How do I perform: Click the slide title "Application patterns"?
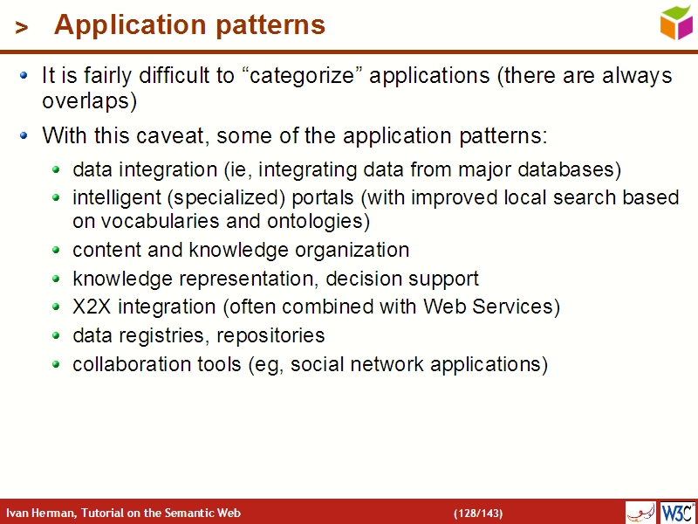(x=189, y=25)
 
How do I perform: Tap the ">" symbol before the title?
(x=22, y=28)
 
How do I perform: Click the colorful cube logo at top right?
(x=676, y=23)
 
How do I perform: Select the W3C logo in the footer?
(x=677, y=512)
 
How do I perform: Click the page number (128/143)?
(x=477, y=513)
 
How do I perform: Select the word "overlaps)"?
(x=90, y=101)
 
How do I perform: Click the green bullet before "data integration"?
(x=57, y=169)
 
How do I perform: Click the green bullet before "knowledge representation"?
(x=57, y=279)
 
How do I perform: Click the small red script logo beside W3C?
(x=640, y=512)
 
